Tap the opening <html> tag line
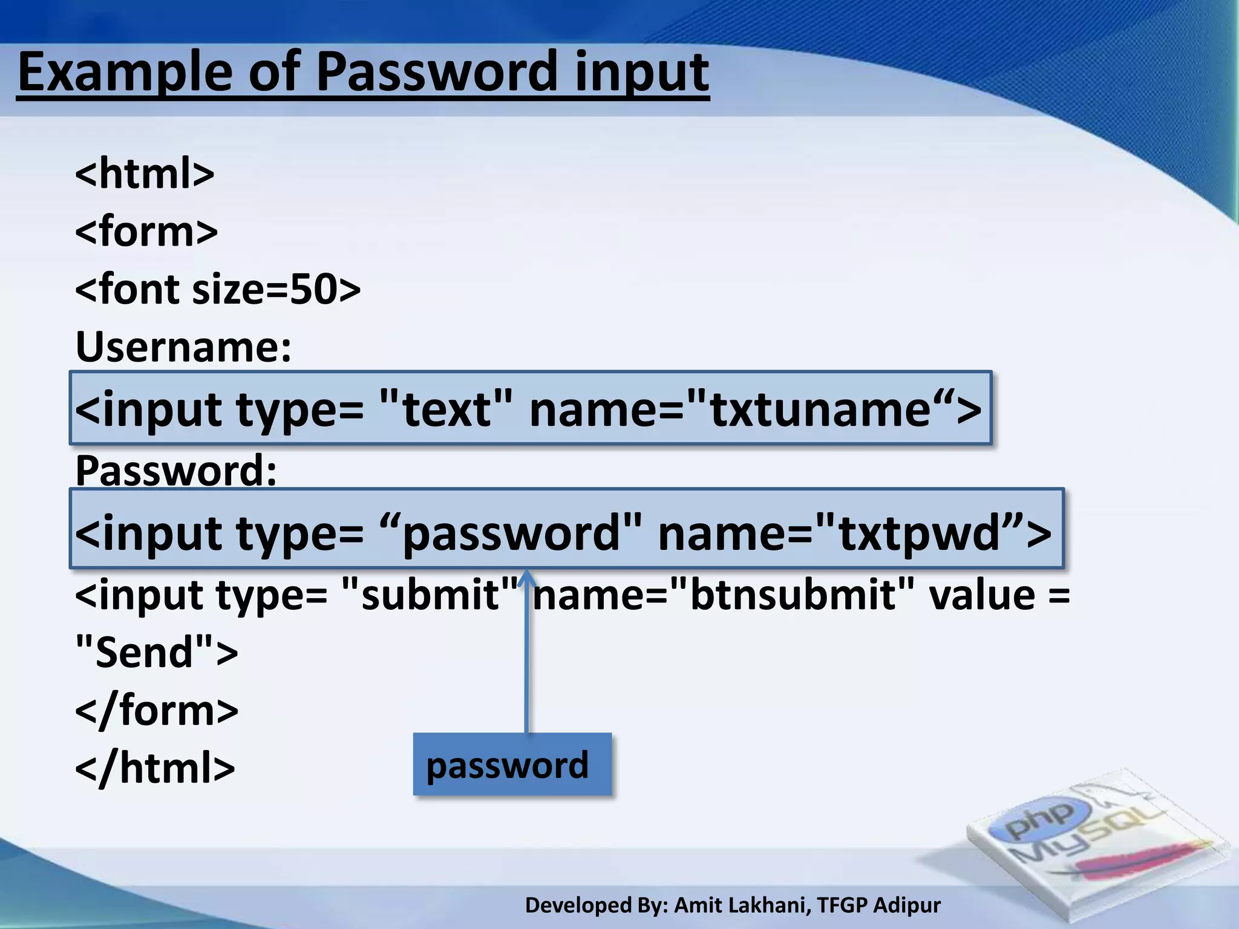tap(145, 173)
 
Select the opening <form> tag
tap(146, 231)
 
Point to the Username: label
tap(183, 347)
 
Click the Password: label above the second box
tap(176, 471)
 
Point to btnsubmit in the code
tap(793, 595)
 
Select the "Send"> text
tap(157, 652)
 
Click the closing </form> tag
tap(157, 710)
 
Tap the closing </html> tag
tap(155, 768)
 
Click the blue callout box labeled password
tap(512, 764)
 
